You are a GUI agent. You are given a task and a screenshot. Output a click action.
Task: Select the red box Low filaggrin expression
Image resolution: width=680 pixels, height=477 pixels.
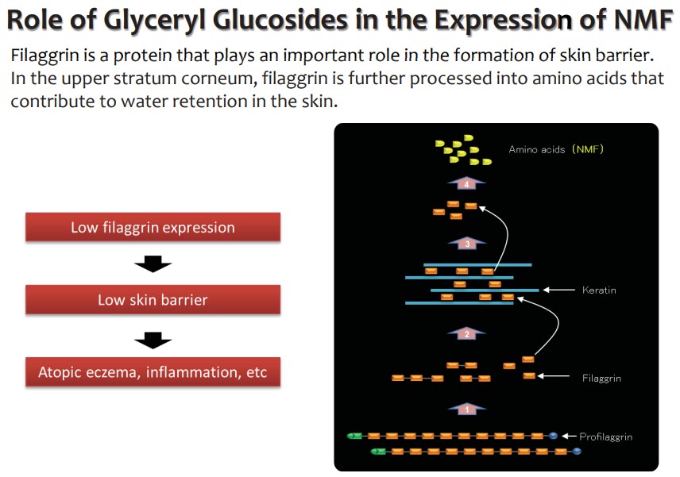(153, 227)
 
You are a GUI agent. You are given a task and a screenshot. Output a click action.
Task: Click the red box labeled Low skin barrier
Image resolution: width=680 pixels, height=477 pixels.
(153, 299)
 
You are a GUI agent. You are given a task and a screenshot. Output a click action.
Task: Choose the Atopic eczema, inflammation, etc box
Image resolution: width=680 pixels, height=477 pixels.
(153, 371)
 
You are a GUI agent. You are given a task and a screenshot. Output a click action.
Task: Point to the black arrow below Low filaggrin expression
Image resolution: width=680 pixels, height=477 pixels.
(153, 264)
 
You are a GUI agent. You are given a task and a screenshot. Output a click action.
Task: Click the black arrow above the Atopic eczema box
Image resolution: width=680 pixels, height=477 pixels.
(153, 340)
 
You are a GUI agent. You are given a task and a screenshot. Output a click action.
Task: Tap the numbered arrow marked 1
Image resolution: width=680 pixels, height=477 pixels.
(466, 409)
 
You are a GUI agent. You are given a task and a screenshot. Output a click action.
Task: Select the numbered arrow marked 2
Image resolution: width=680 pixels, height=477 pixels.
(466, 333)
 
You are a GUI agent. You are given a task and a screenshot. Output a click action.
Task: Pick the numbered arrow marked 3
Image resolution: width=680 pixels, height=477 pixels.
(466, 243)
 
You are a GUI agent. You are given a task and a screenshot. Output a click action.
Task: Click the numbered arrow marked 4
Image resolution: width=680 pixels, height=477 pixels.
(466, 183)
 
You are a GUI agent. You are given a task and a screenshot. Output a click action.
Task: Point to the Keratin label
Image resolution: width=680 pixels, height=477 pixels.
(599, 290)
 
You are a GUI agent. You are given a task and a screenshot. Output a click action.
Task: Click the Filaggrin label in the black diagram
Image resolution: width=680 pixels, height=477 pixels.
(601, 379)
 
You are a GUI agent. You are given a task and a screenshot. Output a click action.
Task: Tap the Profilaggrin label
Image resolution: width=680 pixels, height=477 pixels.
(606, 437)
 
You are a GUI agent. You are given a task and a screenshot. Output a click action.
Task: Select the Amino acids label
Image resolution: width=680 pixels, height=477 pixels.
(537, 149)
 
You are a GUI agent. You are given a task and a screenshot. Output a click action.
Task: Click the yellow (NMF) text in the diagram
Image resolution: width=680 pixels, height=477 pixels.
(588, 149)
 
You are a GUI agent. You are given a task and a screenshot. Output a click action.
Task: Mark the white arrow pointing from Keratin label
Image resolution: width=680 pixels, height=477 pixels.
(559, 290)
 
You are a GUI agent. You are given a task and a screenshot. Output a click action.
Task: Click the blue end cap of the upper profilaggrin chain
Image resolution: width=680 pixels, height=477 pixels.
(553, 436)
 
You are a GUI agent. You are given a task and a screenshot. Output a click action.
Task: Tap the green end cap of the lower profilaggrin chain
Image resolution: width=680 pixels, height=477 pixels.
(378, 452)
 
